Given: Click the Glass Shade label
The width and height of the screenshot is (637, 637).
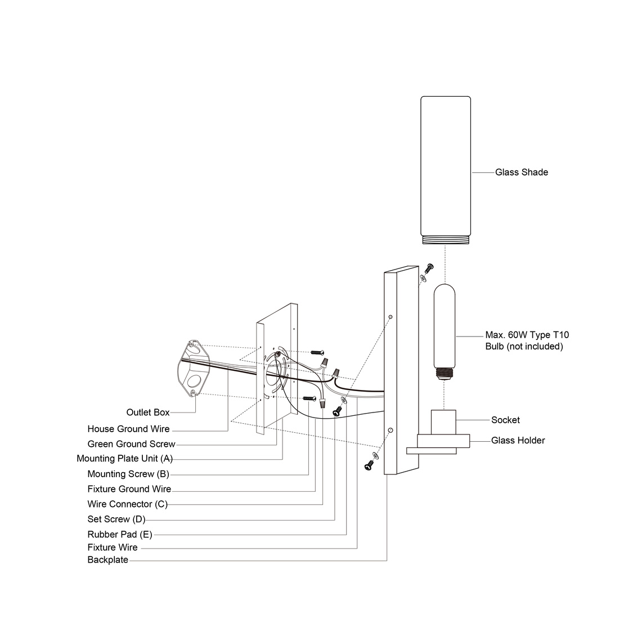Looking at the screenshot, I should point(521,172).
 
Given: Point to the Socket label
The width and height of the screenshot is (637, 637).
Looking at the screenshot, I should point(505,420).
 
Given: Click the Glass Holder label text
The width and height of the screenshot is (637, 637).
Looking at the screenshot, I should point(518,440).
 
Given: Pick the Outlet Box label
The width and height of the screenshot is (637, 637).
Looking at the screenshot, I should point(147,412).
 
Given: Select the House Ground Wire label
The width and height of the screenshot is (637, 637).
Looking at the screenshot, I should point(128,429).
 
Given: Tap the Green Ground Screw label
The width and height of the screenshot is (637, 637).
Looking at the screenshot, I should point(131,444).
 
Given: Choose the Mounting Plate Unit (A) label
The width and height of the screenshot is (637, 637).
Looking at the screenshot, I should point(124,459).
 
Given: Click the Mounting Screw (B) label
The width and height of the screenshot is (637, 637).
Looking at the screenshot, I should point(128,474).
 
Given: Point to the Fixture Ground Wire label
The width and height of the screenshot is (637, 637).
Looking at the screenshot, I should point(129,489).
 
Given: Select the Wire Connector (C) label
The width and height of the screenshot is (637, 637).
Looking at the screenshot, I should point(127,504).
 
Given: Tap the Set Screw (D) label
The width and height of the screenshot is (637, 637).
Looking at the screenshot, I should point(116,519).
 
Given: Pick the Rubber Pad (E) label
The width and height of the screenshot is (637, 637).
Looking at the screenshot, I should point(119,534).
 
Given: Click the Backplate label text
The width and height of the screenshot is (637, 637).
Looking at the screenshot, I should point(107,560).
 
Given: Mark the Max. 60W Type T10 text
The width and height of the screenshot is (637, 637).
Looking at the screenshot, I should point(527,335).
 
